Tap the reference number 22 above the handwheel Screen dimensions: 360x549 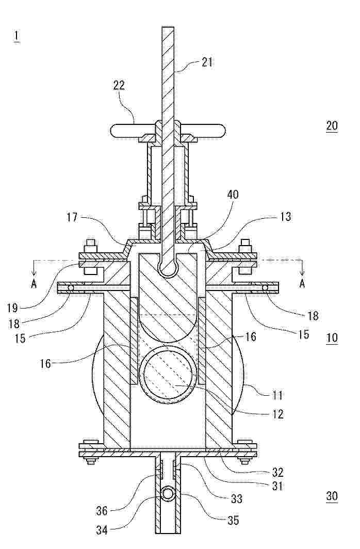pyautogui.click(x=119, y=86)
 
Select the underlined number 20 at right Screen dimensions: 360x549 pyautogui.click(x=332, y=125)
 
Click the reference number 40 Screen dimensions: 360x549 pyautogui.click(x=233, y=195)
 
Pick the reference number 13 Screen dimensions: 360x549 pyautogui.click(x=286, y=216)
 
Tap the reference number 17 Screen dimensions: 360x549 pyautogui.click(x=72, y=217)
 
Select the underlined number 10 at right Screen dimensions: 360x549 pyautogui.click(x=332, y=338)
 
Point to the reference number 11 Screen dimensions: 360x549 pyautogui.click(x=277, y=395)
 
